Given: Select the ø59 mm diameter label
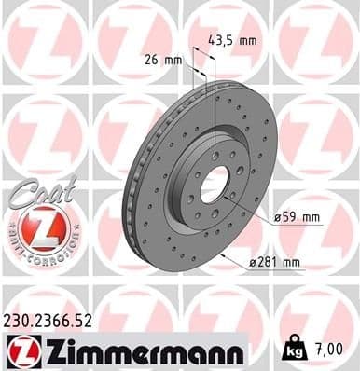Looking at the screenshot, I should pos(298,218).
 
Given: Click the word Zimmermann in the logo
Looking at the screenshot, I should pos(139,350).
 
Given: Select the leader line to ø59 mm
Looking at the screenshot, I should pos(250,207).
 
